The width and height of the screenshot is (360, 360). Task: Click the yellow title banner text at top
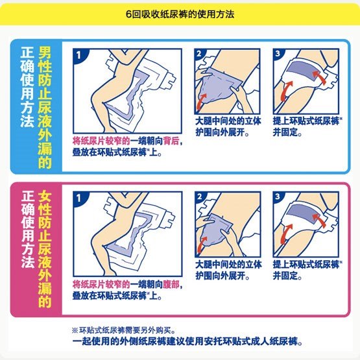tap(180, 14)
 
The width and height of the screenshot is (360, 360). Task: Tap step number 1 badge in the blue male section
tap(78, 55)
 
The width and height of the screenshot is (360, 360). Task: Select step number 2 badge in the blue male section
tap(199, 54)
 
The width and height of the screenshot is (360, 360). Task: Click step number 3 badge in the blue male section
tap(278, 54)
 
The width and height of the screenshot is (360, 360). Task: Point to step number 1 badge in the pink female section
tap(78, 198)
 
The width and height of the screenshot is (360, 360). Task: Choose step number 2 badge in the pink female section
tap(199, 197)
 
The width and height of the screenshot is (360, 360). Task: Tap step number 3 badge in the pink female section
tap(278, 197)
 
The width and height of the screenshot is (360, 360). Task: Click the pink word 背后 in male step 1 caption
tap(171, 141)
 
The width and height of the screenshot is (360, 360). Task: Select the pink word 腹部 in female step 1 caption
tap(171, 285)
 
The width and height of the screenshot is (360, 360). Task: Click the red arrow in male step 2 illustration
tap(201, 101)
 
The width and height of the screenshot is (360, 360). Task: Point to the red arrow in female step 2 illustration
tap(202, 245)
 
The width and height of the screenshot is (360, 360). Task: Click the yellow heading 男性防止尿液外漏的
tap(45, 107)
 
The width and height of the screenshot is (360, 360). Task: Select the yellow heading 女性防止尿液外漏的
tap(45, 249)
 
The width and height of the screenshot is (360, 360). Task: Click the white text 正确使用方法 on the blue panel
tap(27, 87)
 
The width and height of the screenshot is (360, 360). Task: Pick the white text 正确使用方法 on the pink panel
tap(28, 229)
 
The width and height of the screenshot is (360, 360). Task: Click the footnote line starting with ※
tap(123, 330)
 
